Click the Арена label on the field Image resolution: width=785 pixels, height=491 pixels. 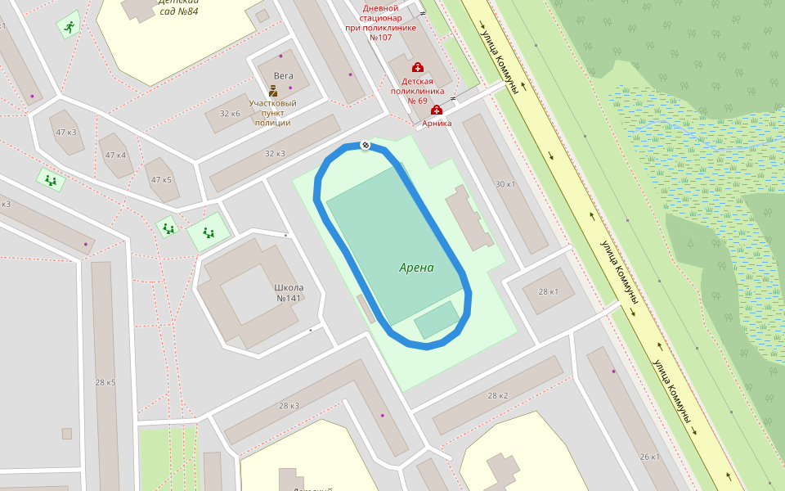416,268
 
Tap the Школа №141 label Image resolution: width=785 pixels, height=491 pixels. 289,292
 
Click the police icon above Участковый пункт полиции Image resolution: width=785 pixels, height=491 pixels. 273,91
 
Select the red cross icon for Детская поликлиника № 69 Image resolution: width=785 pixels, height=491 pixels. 417,67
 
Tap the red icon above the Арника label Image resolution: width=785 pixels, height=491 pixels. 436,110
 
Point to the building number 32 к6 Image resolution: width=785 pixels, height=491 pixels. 229,113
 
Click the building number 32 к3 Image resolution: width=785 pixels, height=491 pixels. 275,154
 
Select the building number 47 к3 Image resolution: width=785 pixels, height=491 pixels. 66,133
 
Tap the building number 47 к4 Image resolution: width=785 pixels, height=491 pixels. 115,155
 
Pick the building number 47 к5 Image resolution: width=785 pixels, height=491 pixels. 161,180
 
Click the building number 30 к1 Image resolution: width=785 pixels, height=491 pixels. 505,184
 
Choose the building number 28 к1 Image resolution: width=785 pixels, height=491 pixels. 548,292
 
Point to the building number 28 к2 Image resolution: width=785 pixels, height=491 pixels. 498,396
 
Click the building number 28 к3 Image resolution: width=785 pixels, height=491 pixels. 289,406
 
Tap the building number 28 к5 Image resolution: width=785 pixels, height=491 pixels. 105,383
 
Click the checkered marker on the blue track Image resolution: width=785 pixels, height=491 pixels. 366,146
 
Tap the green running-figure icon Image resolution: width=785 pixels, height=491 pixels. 70,27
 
